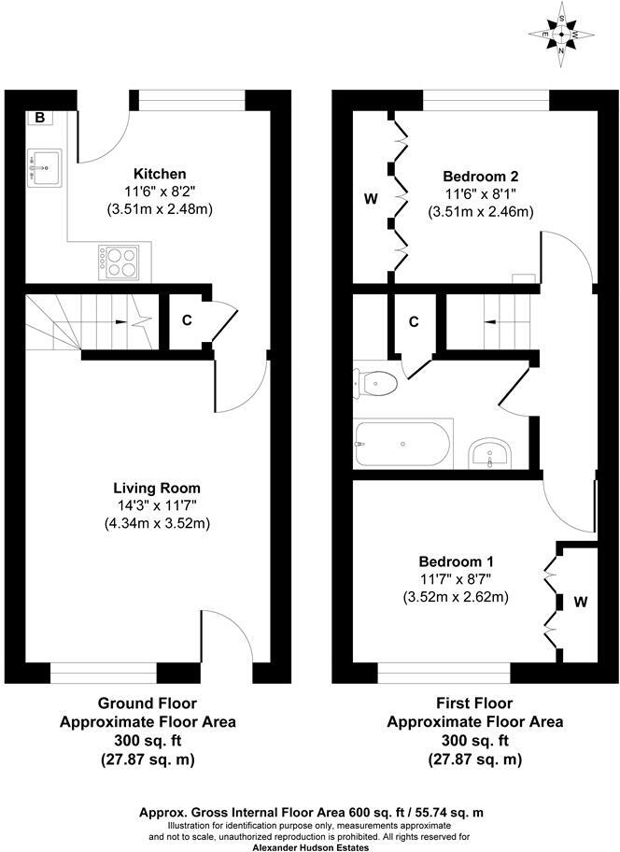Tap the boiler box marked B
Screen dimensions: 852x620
click(40, 118)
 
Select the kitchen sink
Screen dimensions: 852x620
click(44, 166)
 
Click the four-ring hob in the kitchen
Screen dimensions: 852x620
click(119, 261)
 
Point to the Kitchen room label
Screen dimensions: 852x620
click(160, 174)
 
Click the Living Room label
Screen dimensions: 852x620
click(157, 488)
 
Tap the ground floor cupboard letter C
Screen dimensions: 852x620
click(187, 320)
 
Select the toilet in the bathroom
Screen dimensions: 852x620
click(377, 383)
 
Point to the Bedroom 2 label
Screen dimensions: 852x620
click(480, 176)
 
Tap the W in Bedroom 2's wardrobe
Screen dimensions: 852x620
click(370, 199)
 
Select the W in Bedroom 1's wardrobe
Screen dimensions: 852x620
click(580, 603)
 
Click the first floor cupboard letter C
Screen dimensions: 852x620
click(414, 322)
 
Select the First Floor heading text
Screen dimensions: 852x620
click(475, 703)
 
